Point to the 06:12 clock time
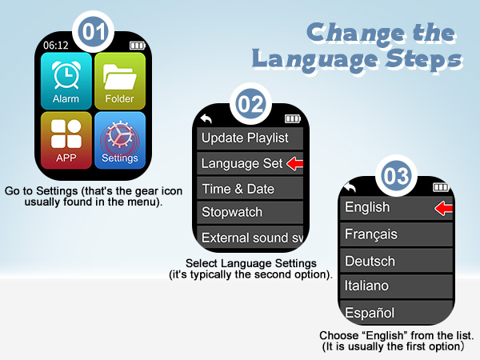56,45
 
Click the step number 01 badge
94,31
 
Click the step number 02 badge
251,105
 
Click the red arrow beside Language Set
295,164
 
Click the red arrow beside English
443,209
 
